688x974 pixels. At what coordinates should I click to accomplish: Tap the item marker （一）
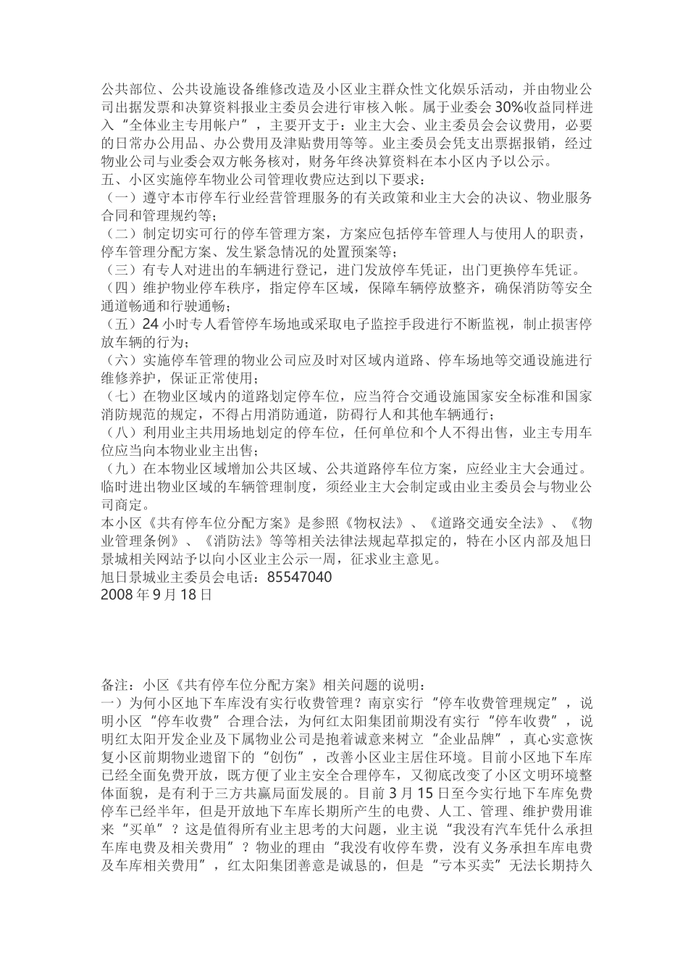tap(117, 198)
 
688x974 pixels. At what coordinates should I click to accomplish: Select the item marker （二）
tap(117, 234)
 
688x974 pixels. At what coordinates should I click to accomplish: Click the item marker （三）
tap(117, 270)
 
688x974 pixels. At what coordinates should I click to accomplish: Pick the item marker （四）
tap(117, 288)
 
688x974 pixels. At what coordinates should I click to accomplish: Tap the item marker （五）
tap(117, 324)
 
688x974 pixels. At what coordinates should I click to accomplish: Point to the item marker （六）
tap(117, 360)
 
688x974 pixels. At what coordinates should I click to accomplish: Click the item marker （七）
tap(117, 396)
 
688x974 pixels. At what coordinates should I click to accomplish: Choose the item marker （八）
tap(117, 433)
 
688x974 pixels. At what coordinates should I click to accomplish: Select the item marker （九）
tap(117, 469)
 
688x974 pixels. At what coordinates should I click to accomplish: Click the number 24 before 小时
tap(151, 324)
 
